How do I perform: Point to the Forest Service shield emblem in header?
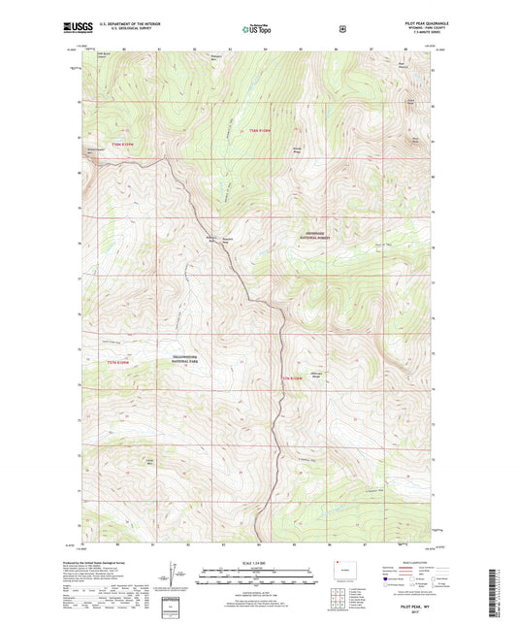click(342, 29)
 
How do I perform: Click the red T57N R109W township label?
click(293, 375)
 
